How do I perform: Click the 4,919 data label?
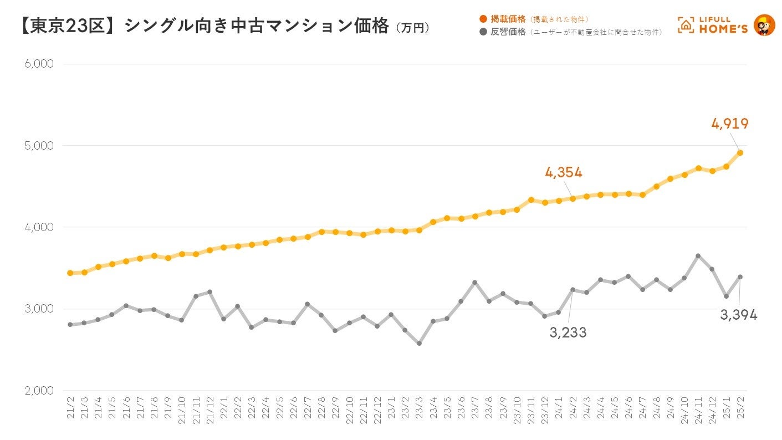pos(730,124)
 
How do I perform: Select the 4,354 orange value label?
pos(564,172)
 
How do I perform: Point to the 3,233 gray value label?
pos(568,332)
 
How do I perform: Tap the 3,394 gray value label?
pos(738,315)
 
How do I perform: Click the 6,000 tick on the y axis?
pos(39,64)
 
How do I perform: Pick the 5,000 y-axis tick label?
pos(39,146)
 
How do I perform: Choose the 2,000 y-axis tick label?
pos(39,391)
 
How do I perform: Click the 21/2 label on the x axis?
pos(70,408)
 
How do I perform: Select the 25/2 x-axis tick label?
pos(740,408)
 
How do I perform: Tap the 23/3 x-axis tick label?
pos(419,408)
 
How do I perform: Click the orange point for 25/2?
pos(740,152)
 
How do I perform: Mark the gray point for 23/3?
pos(419,344)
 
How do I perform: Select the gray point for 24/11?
pos(698,256)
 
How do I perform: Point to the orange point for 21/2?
pos(70,273)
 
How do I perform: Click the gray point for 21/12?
pos(210,291)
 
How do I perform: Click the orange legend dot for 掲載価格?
pos(483,19)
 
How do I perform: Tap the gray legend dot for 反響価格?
pos(483,32)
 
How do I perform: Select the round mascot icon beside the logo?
pos(764,25)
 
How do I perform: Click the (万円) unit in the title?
pos(413,28)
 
